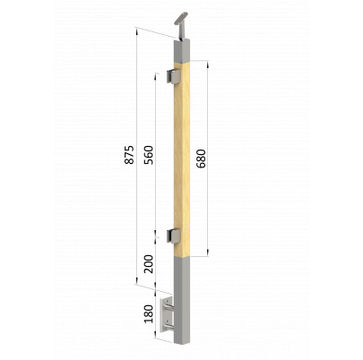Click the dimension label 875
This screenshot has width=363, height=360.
pyautogui.click(x=129, y=155)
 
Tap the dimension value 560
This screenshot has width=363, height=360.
pyautogui.click(x=149, y=155)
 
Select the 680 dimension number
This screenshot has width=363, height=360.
pyautogui.click(x=202, y=159)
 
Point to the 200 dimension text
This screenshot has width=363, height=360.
pyautogui.click(x=149, y=264)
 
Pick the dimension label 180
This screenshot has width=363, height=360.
pyautogui.click(x=149, y=313)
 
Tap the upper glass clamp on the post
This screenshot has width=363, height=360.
pyautogui.click(x=173, y=76)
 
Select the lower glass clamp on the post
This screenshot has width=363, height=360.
pyautogui.click(x=173, y=235)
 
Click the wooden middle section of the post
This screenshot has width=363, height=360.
pyautogui.click(x=182, y=159)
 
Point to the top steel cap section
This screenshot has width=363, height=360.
pyautogui.click(x=182, y=51)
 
